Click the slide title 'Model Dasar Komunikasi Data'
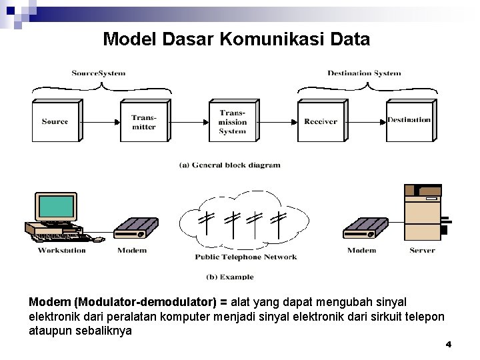(x=236, y=39)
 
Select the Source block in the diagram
(x=55, y=121)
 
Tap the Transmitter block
(x=143, y=122)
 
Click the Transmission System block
(x=232, y=122)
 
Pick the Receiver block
(x=321, y=122)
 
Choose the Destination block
(x=409, y=121)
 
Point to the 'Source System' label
(x=99, y=73)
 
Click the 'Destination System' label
(x=364, y=73)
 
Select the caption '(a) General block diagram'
(x=230, y=165)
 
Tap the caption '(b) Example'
(x=230, y=277)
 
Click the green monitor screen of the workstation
(x=56, y=207)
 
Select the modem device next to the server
(x=365, y=229)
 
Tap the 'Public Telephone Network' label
(x=245, y=257)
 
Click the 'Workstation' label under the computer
(x=62, y=251)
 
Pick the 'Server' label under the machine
(x=422, y=251)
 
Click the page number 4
(x=448, y=345)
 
